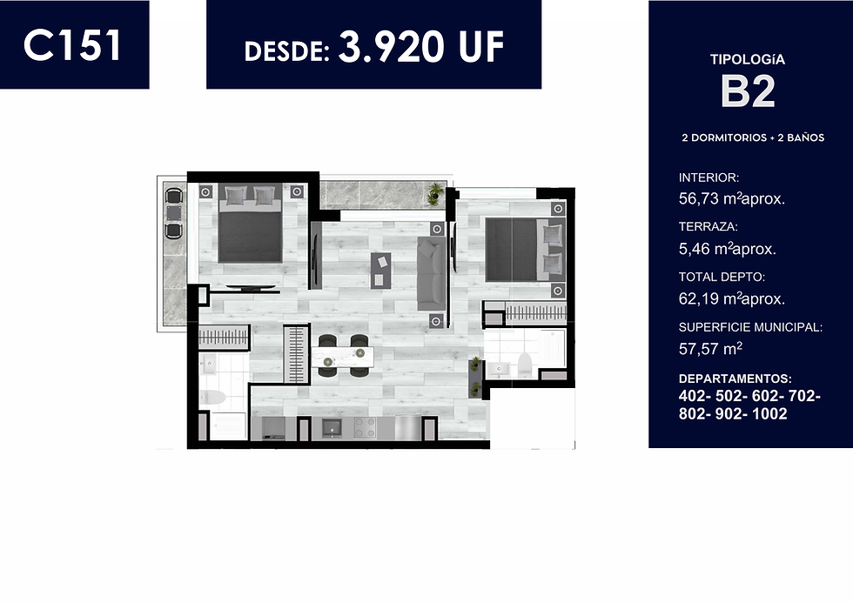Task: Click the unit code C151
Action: [72, 44]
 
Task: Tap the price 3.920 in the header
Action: [391, 46]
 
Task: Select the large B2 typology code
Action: [748, 91]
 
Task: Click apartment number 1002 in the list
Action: [769, 414]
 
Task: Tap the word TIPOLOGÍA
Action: [748, 60]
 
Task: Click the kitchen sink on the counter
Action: [331, 427]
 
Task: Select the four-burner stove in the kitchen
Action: [365, 427]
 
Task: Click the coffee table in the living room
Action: [381, 270]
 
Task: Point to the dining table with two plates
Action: [343, 357]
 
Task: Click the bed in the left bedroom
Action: [250, 224]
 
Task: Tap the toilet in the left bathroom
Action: [212, 398]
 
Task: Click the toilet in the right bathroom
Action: [524, 365]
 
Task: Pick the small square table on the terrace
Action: [173, 212]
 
